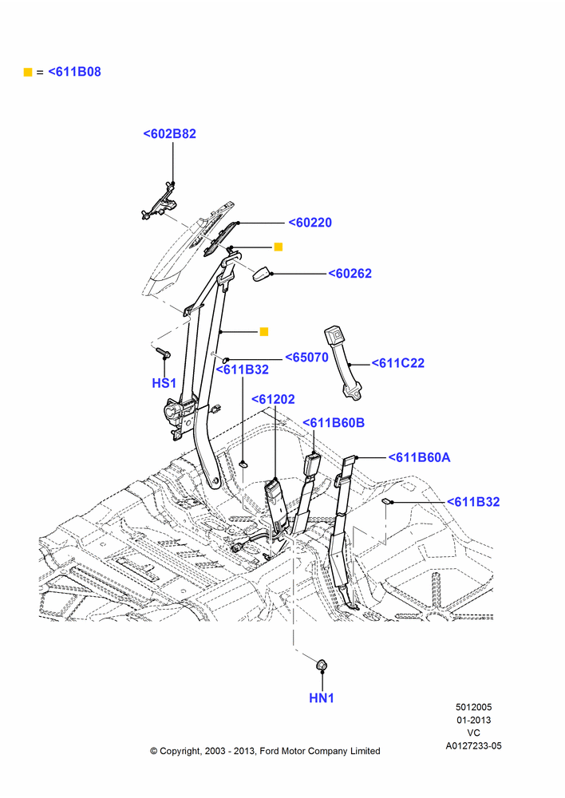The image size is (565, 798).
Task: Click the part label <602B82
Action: pos(169,134)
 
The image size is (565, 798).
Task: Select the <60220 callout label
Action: pos(310,223)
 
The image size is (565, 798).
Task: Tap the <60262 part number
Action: pos(350,274)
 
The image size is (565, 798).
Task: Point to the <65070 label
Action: pos(306,358)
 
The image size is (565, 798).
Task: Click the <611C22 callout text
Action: pos(397,363)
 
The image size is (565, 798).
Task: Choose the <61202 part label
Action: pos(274,400)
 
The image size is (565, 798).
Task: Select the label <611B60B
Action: pos(334,423)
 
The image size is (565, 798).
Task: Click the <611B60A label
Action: pos(420,457)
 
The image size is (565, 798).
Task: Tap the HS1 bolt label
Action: pos(164,383)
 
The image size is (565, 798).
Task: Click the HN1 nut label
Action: pos(322,698)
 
